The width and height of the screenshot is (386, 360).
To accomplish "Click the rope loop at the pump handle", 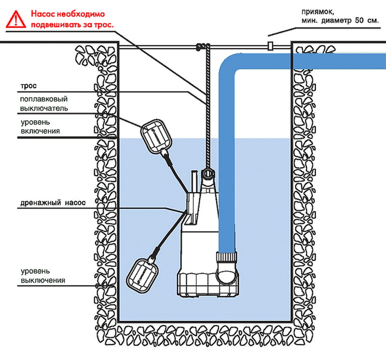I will point(207,175).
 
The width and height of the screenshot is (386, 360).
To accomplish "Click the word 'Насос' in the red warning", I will point(42,14).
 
